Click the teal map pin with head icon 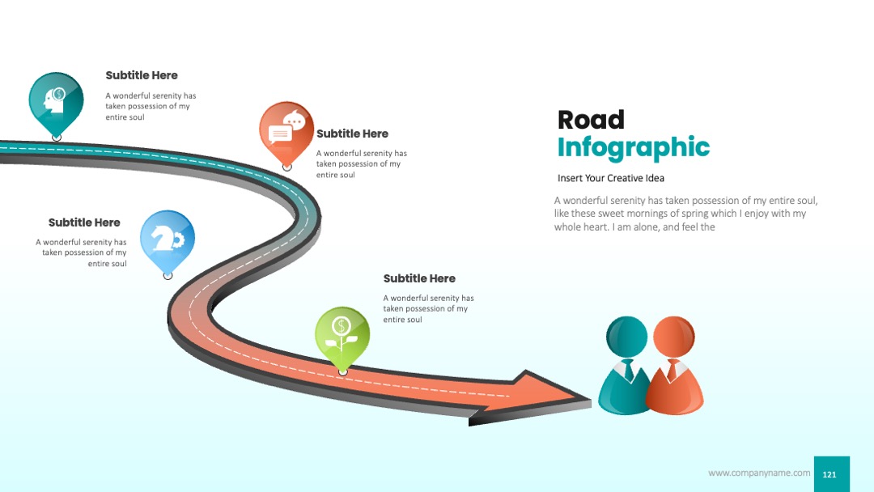(56, 103)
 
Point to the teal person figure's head (626, 336)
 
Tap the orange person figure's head (674, 336)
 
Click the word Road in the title (591, 120)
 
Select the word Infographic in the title (634, 147)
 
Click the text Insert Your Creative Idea (611, 178)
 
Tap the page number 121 (829, 474)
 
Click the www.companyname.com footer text (759, 473)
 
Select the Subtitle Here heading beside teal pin (142, 75)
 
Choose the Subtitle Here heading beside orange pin (352, 134)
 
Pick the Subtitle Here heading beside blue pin (84, 223)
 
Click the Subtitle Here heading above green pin (419, 278)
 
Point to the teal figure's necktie (629, 370)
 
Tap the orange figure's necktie (672, 370)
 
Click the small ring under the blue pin (168, 275)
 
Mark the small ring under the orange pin (287, 167)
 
